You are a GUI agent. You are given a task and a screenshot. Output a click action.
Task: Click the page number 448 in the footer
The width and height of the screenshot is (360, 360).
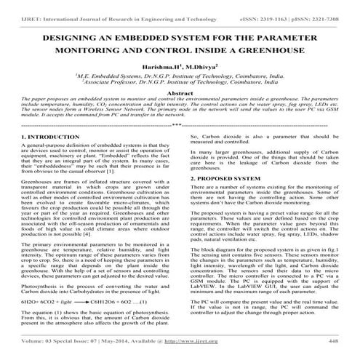point(334,340)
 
